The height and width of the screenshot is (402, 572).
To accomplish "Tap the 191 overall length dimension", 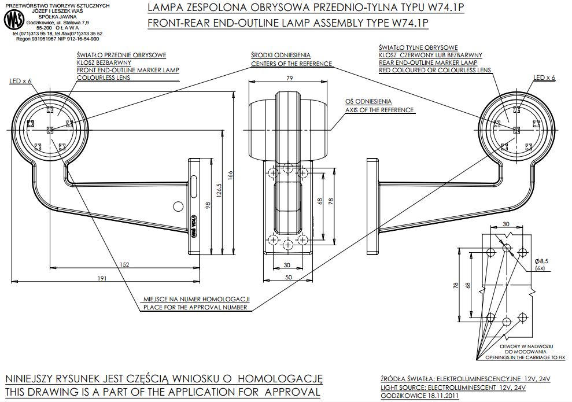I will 102,279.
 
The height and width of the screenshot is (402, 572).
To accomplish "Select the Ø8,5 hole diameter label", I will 542,261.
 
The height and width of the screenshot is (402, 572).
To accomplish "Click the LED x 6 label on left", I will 20,81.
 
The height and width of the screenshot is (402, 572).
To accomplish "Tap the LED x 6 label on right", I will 544,77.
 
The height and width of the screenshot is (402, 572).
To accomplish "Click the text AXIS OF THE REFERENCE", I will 379,110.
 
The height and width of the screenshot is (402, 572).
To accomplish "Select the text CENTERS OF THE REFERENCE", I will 291,64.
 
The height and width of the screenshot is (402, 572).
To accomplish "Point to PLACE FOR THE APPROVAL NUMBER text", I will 196,307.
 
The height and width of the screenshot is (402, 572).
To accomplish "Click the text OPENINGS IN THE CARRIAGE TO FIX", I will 525,357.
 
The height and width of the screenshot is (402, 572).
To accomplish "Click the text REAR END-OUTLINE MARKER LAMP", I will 428,62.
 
